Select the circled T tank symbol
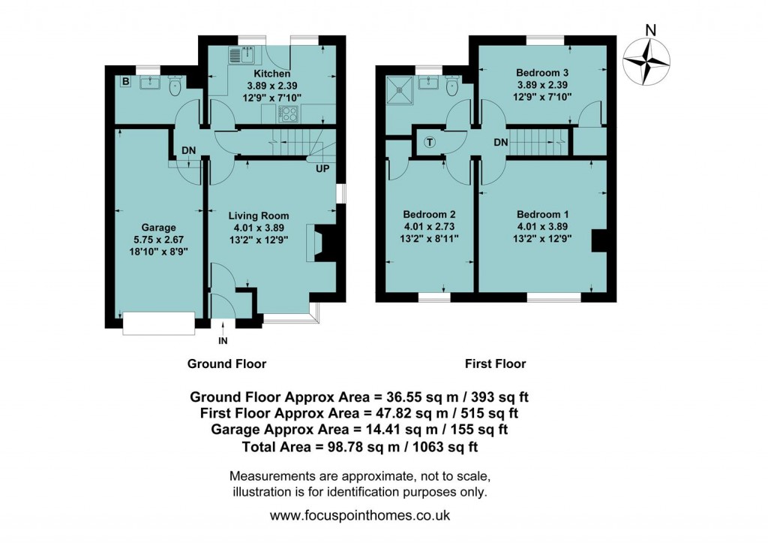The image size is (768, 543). [x=430, y=142]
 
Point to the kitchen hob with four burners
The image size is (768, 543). [x=288, y=113]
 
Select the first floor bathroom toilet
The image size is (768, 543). [x=450, y=88]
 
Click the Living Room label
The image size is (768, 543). [x=259, y=216]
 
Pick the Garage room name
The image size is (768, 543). [x=158, y=228]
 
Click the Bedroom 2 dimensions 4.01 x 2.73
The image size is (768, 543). [x=429, y=226]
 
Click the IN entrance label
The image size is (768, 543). [x=222, y=341]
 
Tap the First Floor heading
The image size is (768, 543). [x=495, y=364]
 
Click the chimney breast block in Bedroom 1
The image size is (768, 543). [x=598, y=241]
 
